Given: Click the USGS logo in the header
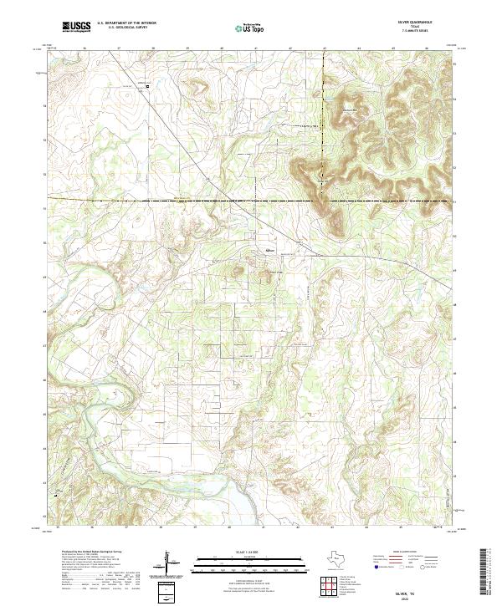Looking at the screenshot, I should pyautogui.click(x=76, y=27).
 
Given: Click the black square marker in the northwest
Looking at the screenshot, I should pyautogui.click(x=148, y=85).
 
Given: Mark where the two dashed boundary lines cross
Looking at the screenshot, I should pyautogui.click(x=324, y=201).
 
